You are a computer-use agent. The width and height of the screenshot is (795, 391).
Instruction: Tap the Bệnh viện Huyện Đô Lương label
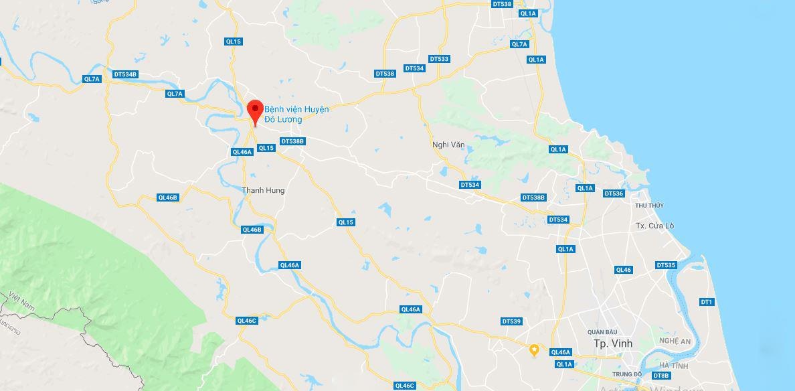[x=296, y=114]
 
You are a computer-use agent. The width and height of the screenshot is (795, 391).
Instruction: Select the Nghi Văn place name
[x=448, y=145]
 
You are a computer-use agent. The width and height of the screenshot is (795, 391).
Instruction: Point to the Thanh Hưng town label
[x=263, y=190]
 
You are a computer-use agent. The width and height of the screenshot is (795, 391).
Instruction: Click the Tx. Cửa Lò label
[x=654, y=226]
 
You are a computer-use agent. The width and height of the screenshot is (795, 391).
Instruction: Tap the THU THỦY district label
[x=649, y=205]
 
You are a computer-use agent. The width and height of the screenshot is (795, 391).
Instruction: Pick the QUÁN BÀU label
[x=602, y=332]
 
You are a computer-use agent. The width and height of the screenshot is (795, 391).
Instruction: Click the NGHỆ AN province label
[x=674, y=341]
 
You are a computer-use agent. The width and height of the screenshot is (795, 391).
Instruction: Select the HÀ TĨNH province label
[x=673, y=365]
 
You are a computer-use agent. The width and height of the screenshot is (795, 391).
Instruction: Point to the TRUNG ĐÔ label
[x=627, y=374]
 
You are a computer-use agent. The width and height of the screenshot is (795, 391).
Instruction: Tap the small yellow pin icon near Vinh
[x=534, y=349]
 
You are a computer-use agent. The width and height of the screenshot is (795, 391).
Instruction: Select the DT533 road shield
[x=439, y=59]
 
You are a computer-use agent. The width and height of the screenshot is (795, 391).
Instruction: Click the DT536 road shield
[x=614, y=193]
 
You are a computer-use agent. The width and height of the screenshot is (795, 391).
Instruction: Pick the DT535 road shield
[x=666, y=265]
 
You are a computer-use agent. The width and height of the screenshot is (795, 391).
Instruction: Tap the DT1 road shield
[x=707, y=302]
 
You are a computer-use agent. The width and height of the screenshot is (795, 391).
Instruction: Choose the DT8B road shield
[x=660, y=376]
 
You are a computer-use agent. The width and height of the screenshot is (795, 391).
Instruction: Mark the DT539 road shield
[x=511, y=321]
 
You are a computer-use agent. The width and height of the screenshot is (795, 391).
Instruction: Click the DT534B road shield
[x=125, y=74]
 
